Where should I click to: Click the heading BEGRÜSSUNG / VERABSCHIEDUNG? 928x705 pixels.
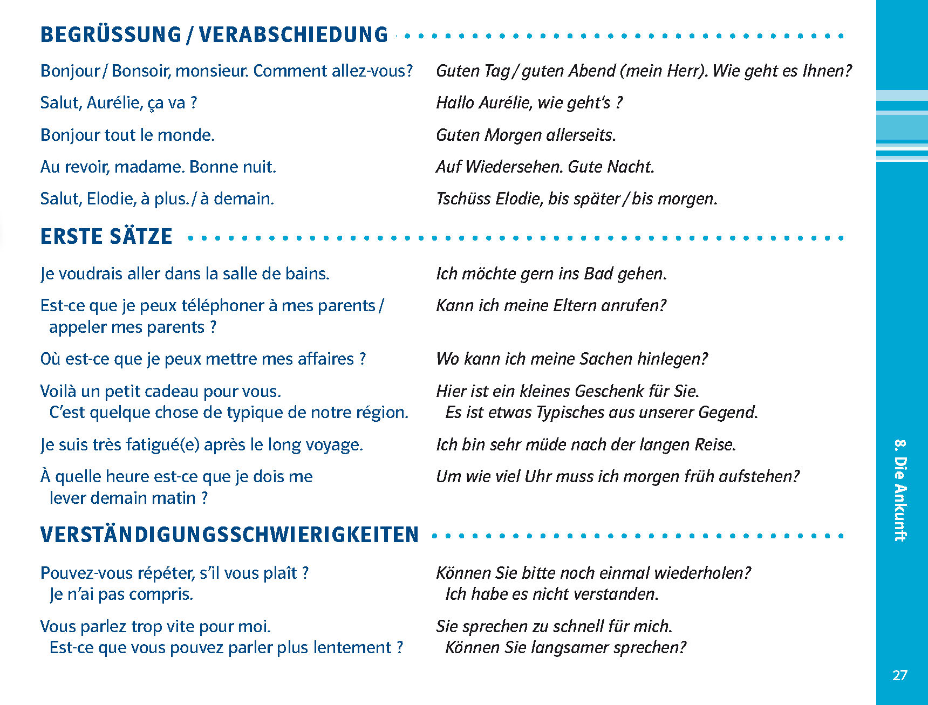pos(214,35)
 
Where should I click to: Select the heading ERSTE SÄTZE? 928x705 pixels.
pos(106,236)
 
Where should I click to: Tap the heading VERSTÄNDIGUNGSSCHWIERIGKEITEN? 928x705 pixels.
pos(229,535)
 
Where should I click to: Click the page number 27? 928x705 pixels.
pos(899,675)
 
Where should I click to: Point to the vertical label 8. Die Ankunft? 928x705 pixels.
pos(900,490)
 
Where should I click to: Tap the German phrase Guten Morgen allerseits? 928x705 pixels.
pos(526,135)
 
